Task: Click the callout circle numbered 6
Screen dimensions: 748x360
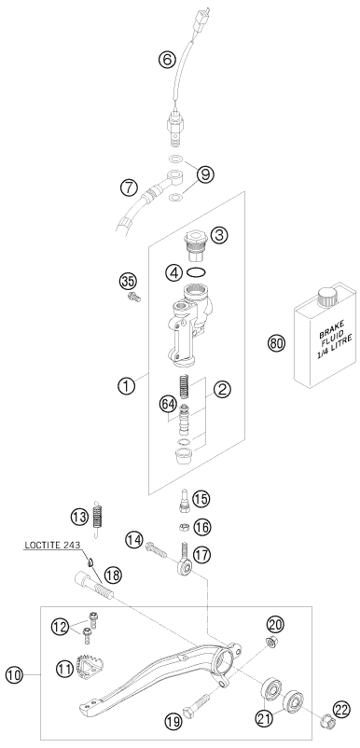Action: coord(167,60)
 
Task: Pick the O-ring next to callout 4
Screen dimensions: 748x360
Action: coord(197,272)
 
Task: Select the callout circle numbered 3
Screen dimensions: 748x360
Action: coord(219,237)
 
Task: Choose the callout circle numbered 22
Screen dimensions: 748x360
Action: coord(339,711)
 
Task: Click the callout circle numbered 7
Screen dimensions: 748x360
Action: coord(131,187)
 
